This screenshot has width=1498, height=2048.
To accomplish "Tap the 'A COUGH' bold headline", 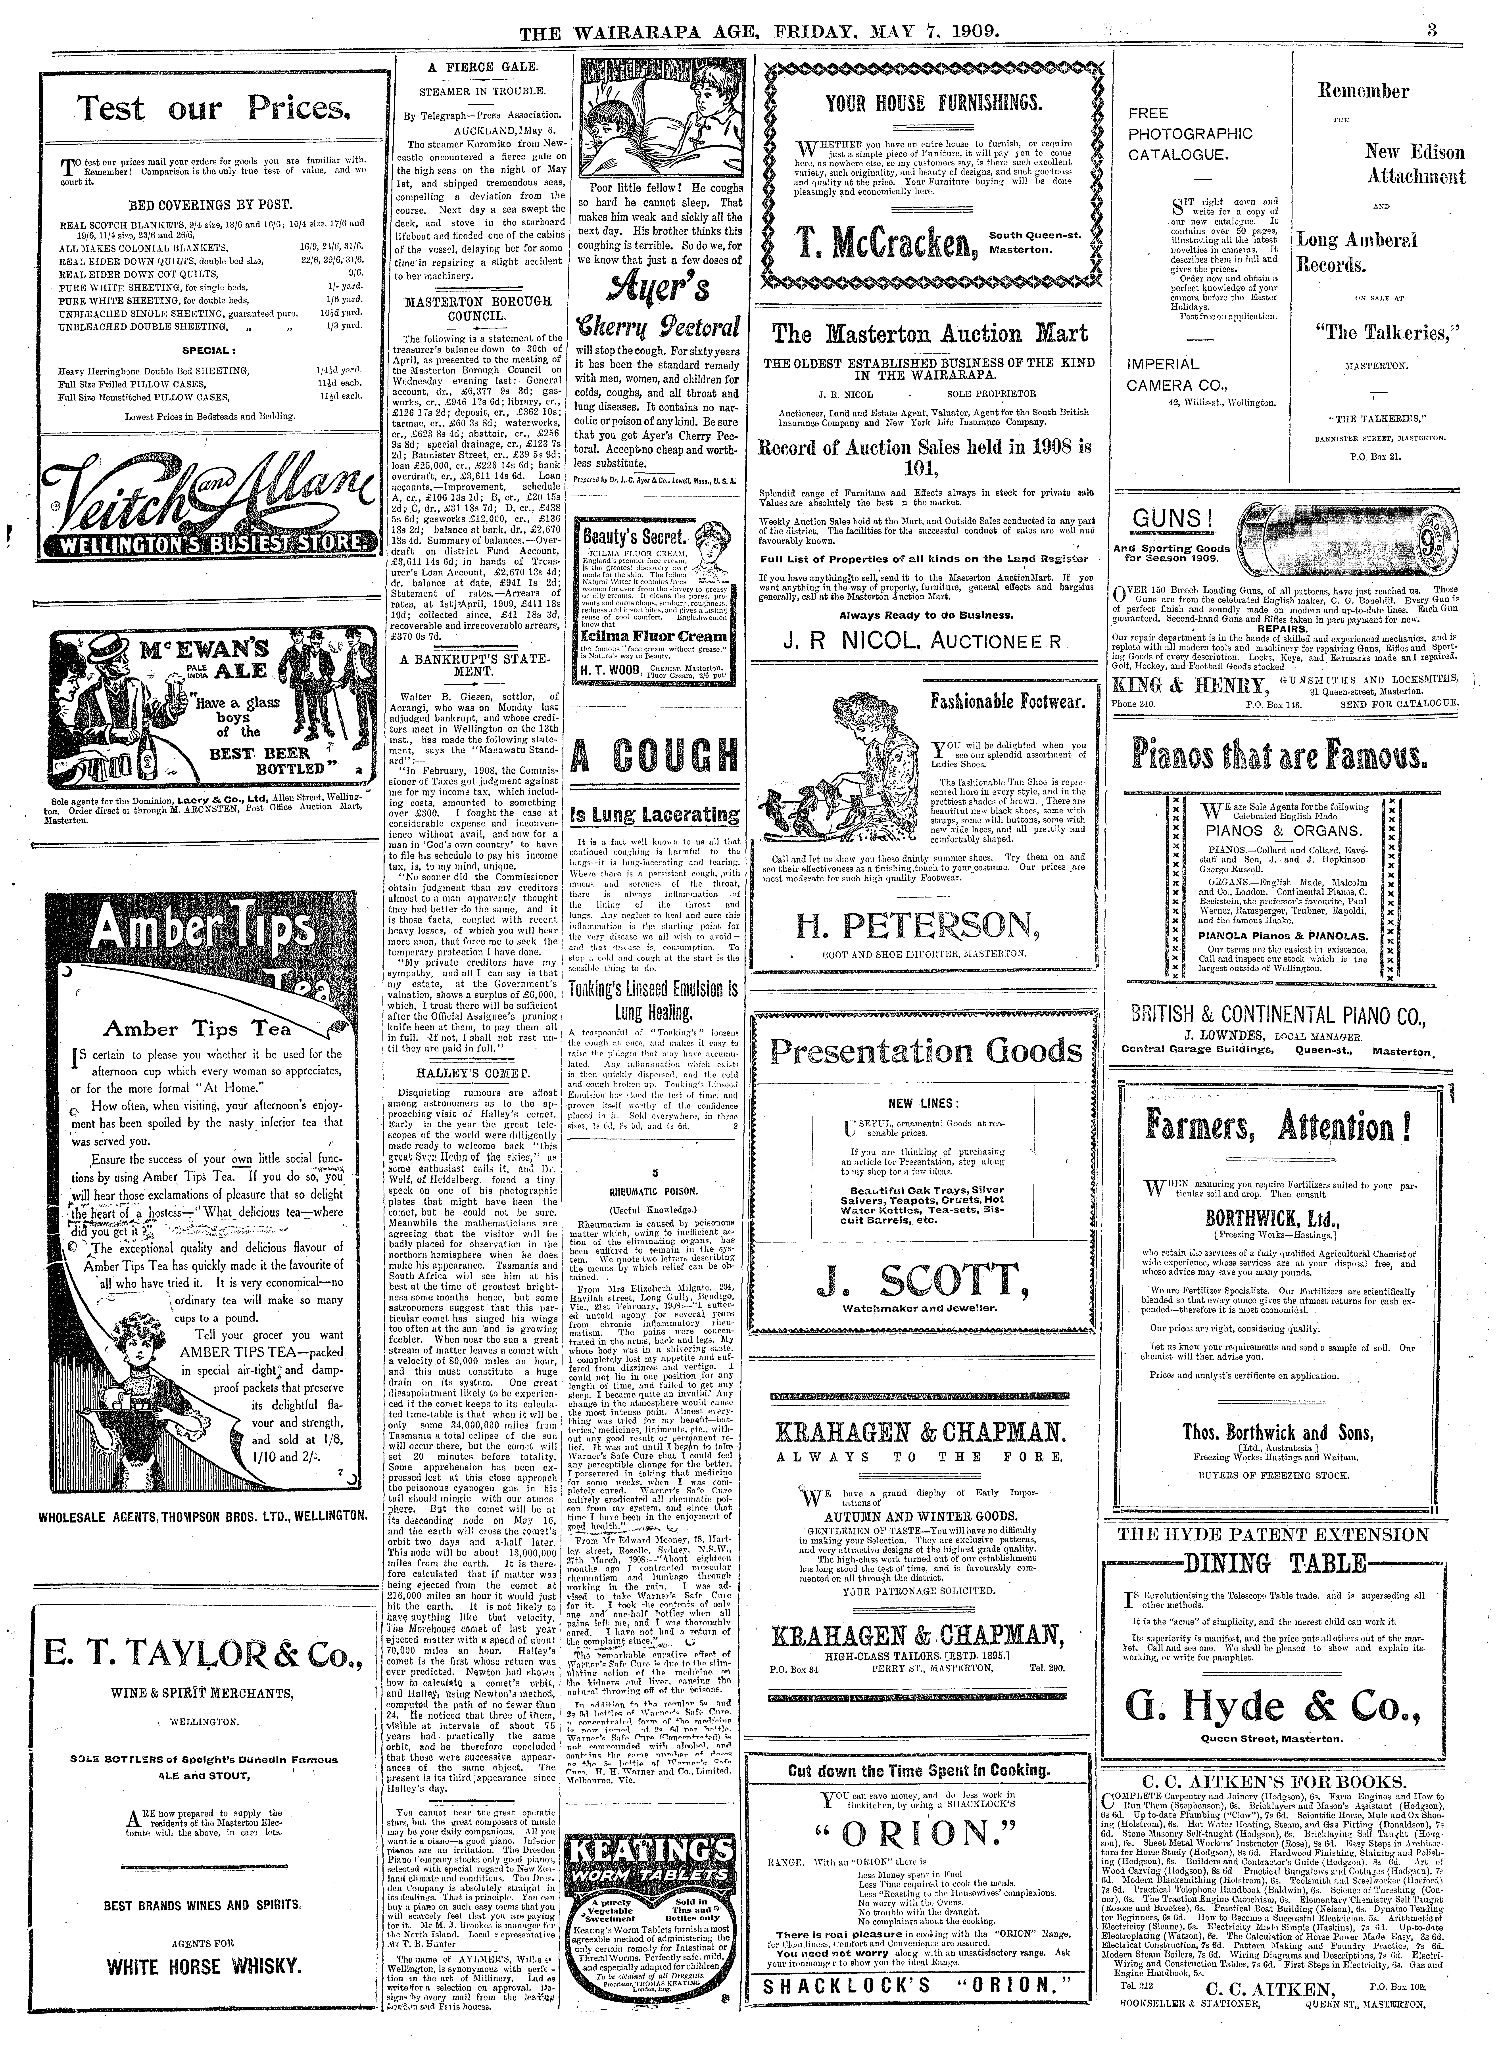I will click(655, 754).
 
